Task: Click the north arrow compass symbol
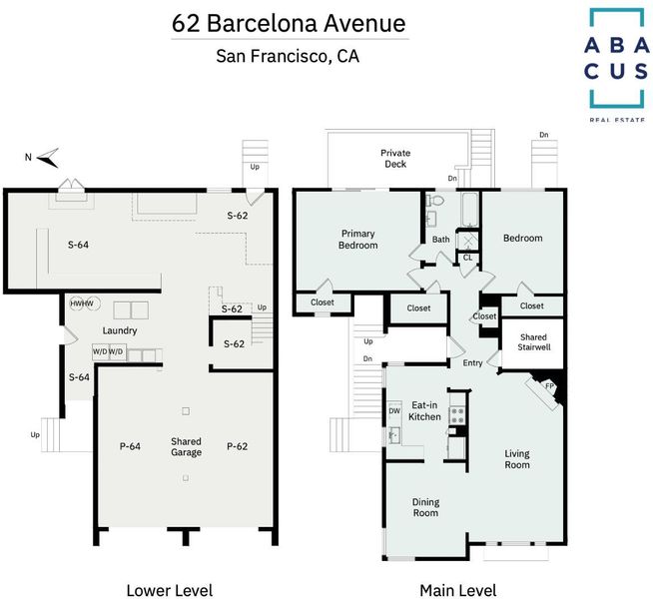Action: (48, 158)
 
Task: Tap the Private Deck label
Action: (395, 159)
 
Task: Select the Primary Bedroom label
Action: (357, 240)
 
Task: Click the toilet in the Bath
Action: (434, 201)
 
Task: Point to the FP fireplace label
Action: (550, 386)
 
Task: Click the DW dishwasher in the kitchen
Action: (394, 411)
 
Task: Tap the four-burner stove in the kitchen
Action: (457, 415)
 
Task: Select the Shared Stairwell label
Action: (533, 342)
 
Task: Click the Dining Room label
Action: (425, 507)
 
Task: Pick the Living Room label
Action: (517, 459)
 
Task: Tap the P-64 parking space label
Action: (130, 446)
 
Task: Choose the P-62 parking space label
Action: (237, 446)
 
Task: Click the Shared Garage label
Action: (186, 446)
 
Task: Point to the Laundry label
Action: (120, 330)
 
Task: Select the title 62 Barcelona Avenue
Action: (289, 23)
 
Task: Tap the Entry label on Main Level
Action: (472, 363)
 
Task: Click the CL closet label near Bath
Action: (467, 258)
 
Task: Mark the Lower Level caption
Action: (170, 590)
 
